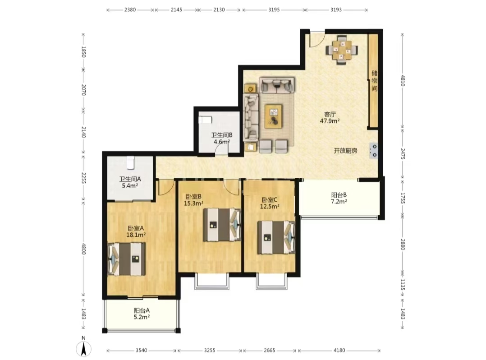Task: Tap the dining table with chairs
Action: [342, 50]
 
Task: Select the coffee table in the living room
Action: [273, 116]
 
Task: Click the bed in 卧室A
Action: [127, 259]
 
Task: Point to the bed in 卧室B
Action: [222, 225]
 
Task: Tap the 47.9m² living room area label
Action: [330, 121]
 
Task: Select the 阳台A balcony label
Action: [142, 310]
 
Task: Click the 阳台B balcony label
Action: [339, 195]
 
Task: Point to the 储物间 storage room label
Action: [374, 81]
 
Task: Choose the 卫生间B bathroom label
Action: [222, 135]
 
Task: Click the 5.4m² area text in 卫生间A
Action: [130, 186]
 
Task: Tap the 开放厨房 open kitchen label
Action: [346, 151]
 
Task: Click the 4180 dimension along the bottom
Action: [339, 351]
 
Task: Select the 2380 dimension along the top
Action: [130, 9]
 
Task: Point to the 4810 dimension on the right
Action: [402, 81]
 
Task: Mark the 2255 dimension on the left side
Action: [83, 178]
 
